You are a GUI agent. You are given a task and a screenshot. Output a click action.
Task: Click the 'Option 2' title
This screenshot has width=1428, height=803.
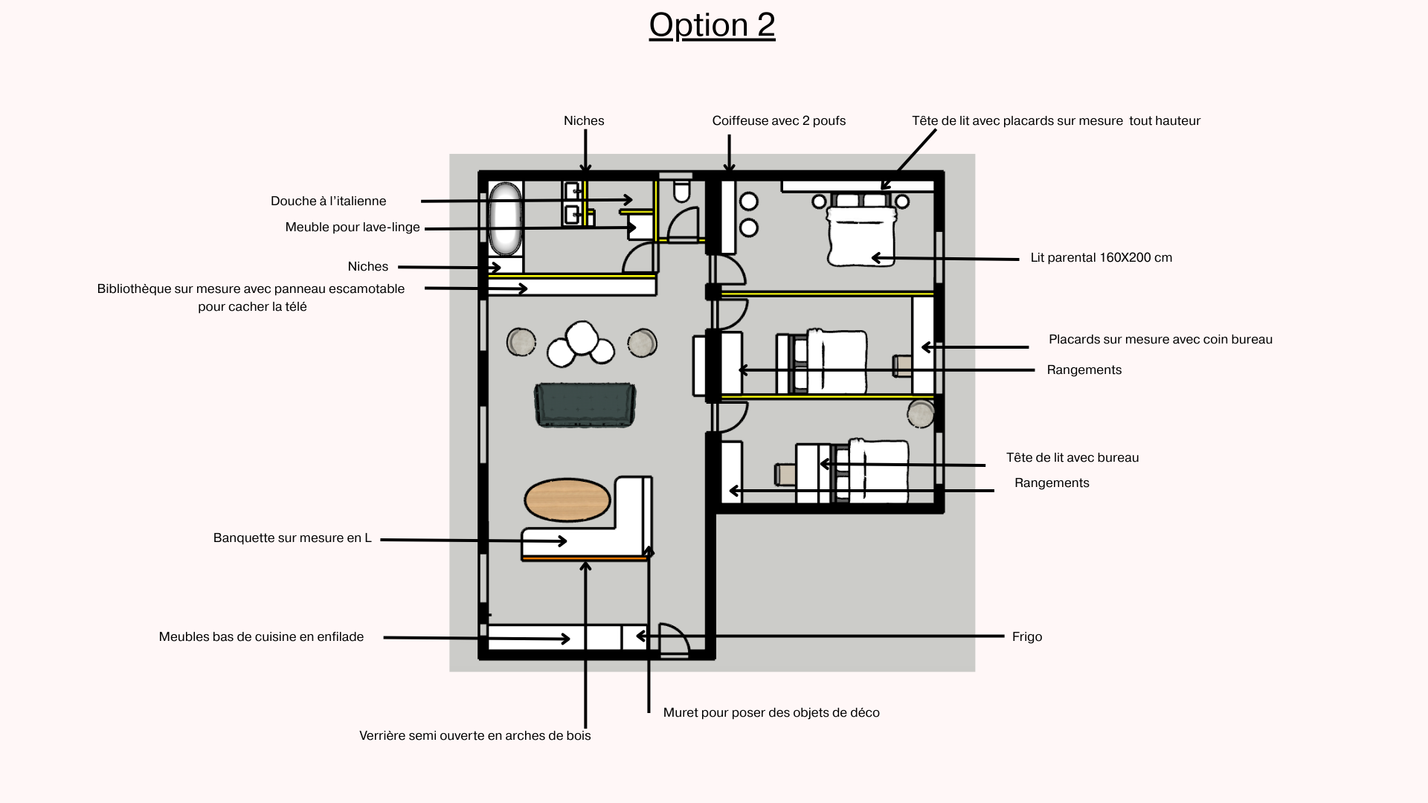click(712, 25)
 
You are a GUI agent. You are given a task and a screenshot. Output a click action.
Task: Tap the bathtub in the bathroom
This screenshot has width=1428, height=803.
click(506, 219)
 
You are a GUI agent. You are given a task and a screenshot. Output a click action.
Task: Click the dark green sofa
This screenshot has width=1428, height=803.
click(585, 405)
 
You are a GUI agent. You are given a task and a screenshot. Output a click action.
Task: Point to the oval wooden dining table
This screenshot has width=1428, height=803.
click(567, 500)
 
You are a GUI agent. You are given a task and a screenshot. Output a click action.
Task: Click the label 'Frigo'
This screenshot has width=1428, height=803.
click(1027, 636)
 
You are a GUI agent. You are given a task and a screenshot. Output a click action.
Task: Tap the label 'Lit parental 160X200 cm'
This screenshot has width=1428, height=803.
click(1101, 258)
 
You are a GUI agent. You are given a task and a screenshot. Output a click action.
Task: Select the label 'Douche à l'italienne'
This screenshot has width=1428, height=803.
click(329, 201)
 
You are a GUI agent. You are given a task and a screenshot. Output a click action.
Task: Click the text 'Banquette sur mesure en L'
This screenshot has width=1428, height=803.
click(292, 538)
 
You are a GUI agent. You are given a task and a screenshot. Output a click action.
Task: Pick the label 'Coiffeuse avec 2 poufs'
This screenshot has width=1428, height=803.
click(779, 120)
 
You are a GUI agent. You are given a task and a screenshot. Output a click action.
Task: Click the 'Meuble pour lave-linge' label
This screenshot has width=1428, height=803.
click(353, 227)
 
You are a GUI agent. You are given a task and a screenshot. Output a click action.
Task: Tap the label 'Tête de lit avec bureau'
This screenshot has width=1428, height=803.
click(1072, 457)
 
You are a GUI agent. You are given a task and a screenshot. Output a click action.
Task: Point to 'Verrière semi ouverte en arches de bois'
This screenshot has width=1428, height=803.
click(475, 735)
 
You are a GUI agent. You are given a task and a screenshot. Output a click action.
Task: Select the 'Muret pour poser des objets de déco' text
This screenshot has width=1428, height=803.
click(771, 712)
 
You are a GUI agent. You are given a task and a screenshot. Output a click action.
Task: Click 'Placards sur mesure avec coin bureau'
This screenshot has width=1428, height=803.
click(1160, 339)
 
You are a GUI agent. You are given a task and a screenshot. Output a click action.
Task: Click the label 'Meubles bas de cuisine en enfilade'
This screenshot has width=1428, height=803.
click(261, 636)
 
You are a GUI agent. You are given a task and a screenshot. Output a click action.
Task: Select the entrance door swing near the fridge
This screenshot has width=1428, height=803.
click(675, 639)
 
